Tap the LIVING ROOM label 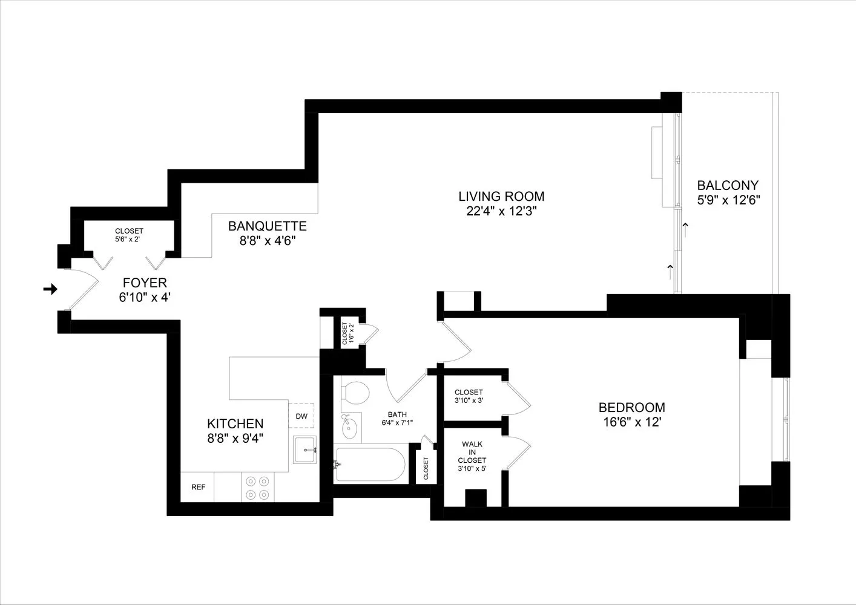click(501, 197)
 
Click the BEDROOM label click(631, 408)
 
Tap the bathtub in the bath click(371, 465)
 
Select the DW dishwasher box click(301, 416)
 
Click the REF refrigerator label click(198, 487)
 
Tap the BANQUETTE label click(267, 226)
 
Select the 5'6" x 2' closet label click(129, 239)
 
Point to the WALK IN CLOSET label click(472, 452)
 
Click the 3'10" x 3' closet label click(469, 400)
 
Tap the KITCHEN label click(235, 424)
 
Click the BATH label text click(397, 414)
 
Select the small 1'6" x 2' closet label click(347, 333)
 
